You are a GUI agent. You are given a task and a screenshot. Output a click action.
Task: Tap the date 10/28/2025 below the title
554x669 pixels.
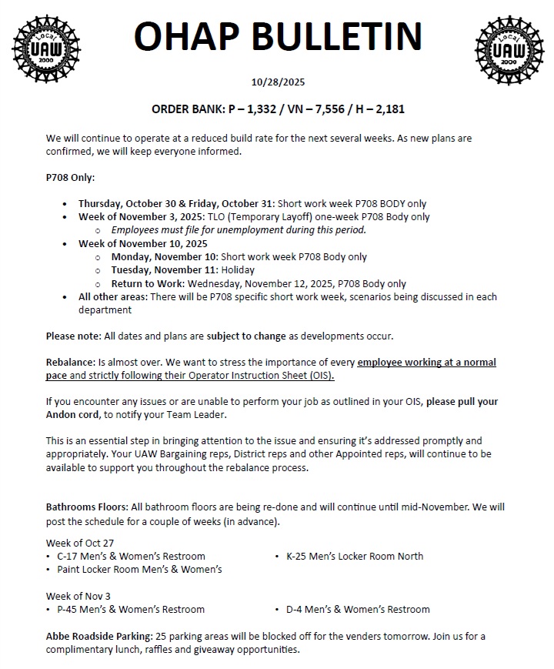pos(277,82)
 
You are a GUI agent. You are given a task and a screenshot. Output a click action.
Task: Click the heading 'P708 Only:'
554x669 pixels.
pos(70,178)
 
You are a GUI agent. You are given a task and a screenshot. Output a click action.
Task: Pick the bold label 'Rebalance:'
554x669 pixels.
pos(70,362)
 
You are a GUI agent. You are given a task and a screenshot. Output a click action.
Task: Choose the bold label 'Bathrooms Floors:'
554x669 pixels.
pos(87,508)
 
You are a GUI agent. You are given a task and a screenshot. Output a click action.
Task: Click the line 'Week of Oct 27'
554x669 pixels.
pos(80,543)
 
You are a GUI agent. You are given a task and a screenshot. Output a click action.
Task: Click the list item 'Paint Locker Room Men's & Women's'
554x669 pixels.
pos(139,569)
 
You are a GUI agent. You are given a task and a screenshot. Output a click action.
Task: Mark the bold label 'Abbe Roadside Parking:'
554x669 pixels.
pos(98,636)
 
